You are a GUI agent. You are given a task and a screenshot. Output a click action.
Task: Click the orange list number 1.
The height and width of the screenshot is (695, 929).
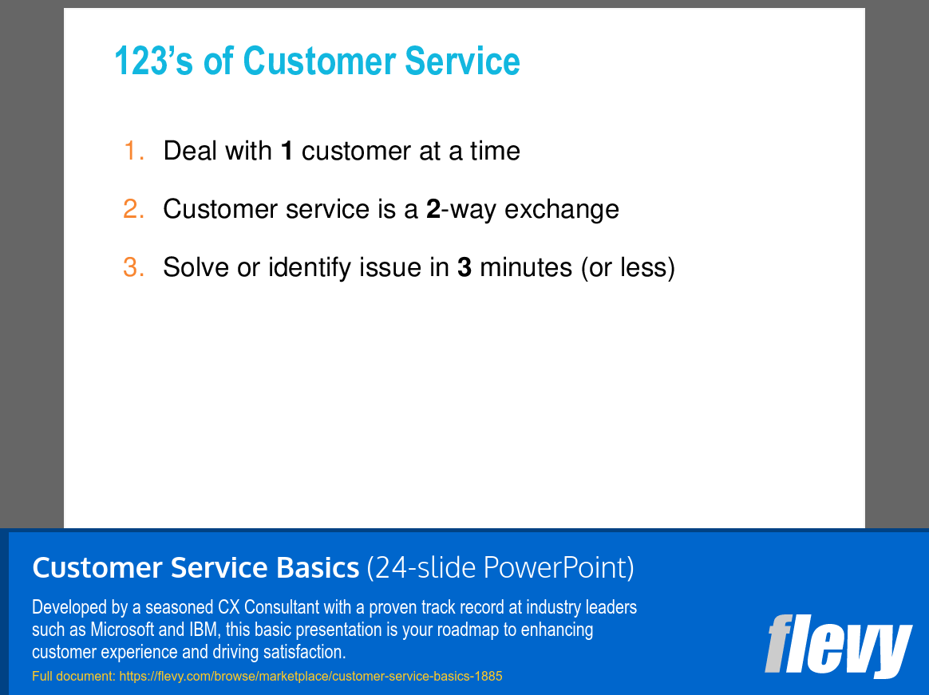(133, 151)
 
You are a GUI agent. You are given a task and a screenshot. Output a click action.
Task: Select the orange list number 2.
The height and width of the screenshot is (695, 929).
(133, 209)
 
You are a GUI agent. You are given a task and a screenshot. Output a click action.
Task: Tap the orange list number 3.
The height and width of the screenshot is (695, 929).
(133, 267)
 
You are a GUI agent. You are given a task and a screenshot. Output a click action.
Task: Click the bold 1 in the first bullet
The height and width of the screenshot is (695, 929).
(287, 151)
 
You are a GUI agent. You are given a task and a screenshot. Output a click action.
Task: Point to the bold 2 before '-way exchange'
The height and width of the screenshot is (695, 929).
(433, 209)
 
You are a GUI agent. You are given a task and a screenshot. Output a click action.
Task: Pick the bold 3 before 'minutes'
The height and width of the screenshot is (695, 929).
(464, 267)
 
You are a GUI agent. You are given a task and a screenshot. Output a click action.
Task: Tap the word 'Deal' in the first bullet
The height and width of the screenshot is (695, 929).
(190, 151)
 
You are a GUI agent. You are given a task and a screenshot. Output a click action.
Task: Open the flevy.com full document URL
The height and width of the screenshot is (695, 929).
(310, 677)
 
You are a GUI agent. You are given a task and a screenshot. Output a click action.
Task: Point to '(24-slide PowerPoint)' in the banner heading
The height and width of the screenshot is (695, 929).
(500, 568)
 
